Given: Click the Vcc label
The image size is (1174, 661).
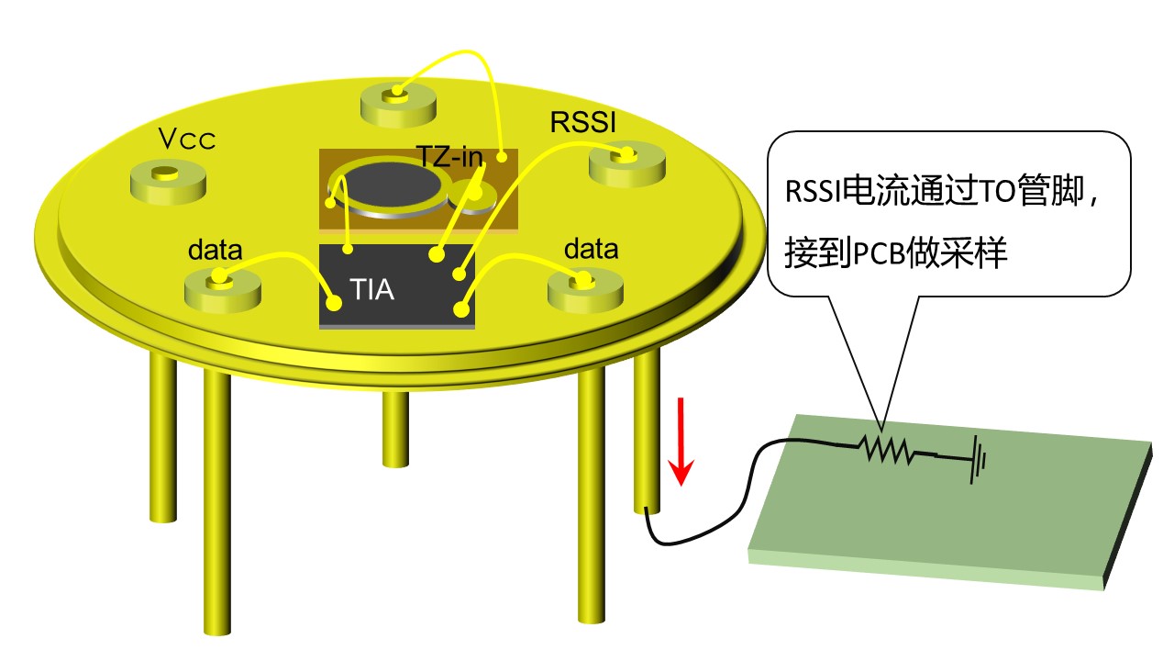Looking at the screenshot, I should [x=186, y=140].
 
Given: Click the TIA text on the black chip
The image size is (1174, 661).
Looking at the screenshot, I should [x=372, y=291].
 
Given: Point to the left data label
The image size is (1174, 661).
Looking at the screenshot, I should [x=216, y=250].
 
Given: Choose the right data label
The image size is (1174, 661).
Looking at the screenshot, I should [x=591, y=249].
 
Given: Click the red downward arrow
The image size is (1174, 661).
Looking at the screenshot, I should [x=681, y=441].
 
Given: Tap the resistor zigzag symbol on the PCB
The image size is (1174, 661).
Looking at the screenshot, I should [x=886, y=449].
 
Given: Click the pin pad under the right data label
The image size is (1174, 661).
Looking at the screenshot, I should [x=585, y=287].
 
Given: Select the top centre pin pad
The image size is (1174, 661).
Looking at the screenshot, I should [x=397, y=100].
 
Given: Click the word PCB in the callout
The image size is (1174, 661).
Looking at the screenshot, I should [x=879, y=254].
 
